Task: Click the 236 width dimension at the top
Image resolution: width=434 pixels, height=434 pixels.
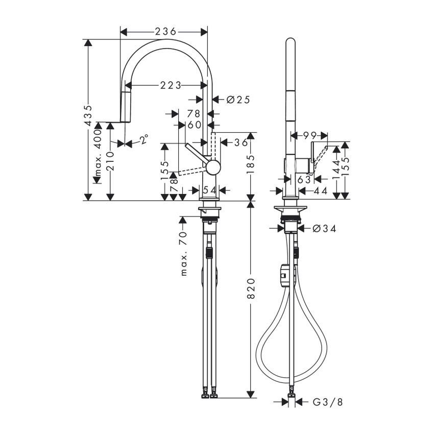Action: pyautogui.click(x=163, y=32)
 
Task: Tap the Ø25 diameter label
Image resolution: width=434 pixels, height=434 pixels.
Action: pyautogui.click(x=237, y=100)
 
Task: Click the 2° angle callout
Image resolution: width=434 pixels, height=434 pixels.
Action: pyautogui.click(x=144, y=139)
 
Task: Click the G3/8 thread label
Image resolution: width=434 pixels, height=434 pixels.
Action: pyautogui.click(x=327, y=402)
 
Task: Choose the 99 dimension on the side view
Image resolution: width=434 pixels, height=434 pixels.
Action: pyautogui.click(x=308, y=135)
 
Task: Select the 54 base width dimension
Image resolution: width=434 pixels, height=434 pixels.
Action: pyautogui.click(x=209, y=190)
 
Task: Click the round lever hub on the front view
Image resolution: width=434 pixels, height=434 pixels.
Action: pyautogui.click(x=213, y=166)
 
